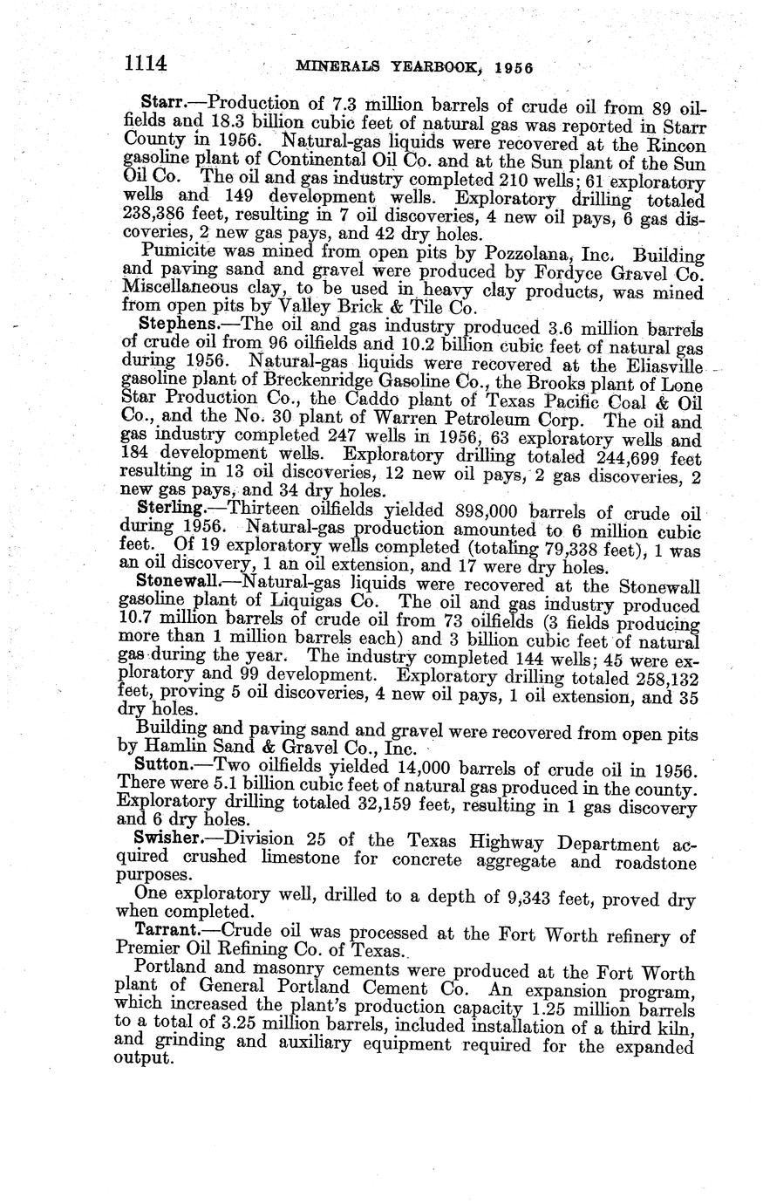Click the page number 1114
pyautogui.click(x=145, y=63)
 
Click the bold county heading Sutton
pyautogui.click(x=166, y=764)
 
